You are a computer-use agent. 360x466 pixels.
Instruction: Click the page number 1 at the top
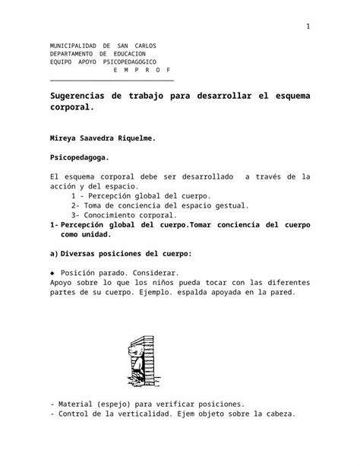click(308, 28)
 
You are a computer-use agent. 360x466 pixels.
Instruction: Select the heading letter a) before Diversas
click(52, 253)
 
